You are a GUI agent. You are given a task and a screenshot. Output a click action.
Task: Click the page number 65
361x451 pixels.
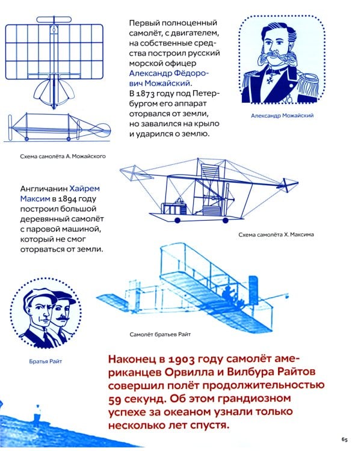[344, 437]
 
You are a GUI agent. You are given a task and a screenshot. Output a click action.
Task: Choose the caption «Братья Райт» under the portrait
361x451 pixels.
[45, 361]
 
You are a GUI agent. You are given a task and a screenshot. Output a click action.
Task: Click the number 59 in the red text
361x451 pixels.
[117, 398]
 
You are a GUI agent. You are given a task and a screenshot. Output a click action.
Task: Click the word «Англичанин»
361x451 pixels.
[43, 187]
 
